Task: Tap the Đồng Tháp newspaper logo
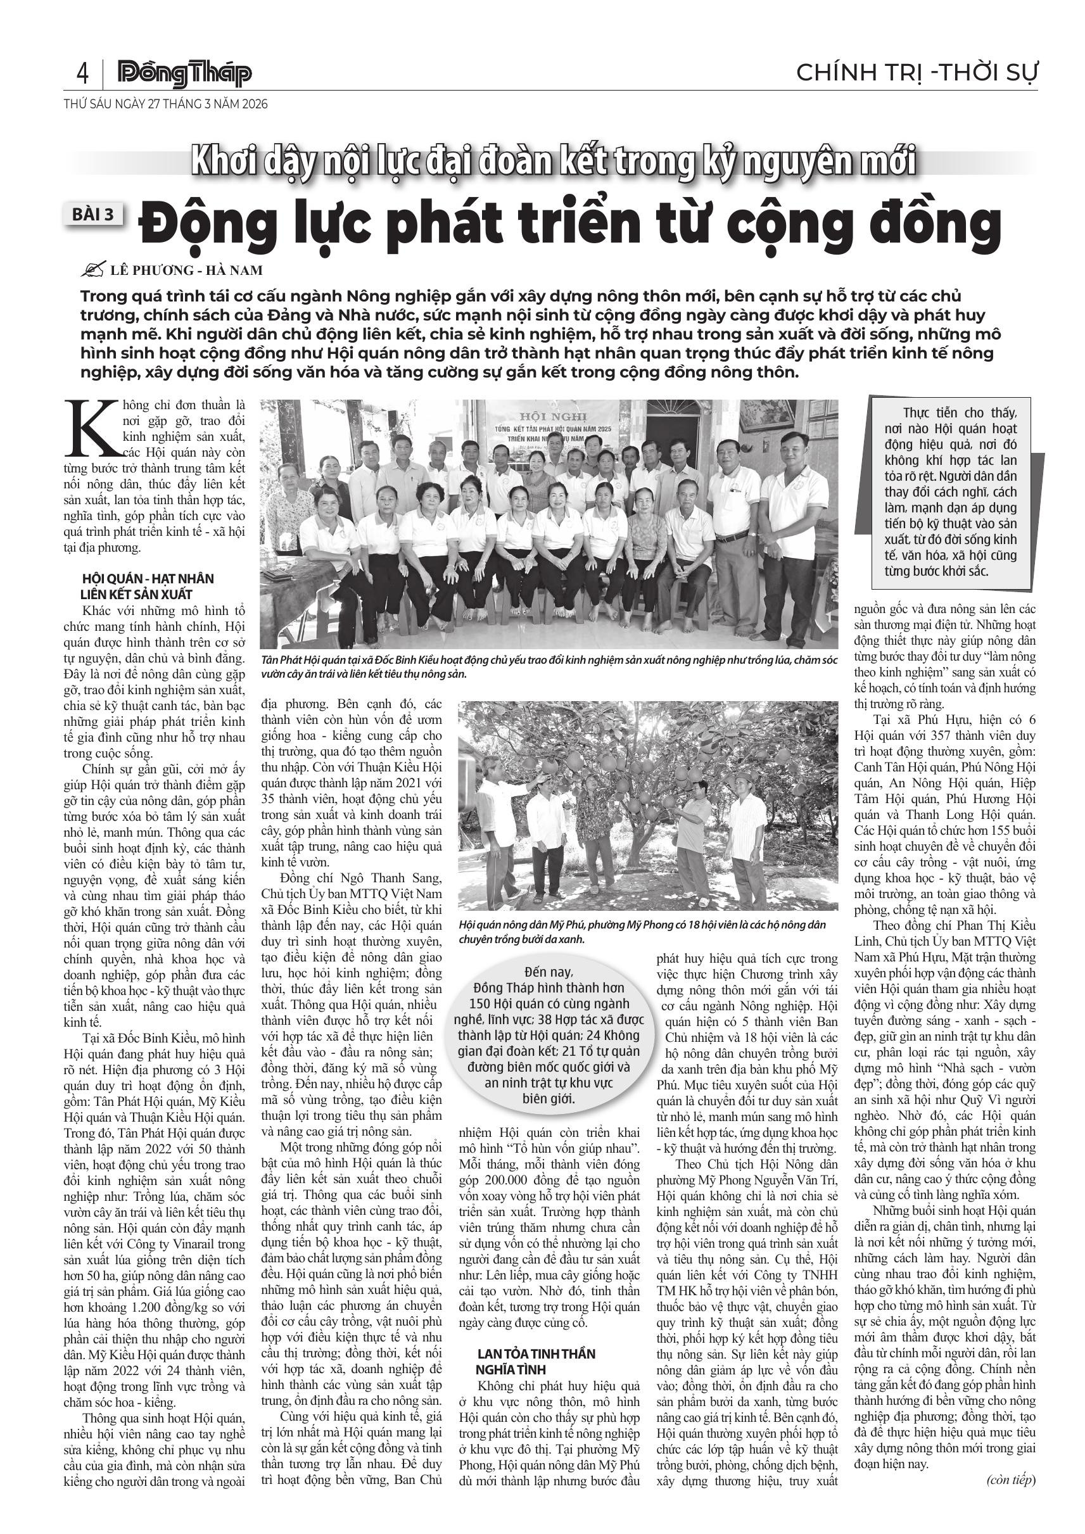click(x=184, y=74)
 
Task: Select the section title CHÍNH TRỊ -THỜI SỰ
click(x=917, y=72)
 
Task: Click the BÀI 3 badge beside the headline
click(x=95, y=215)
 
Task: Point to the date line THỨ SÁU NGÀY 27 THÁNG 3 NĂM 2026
click(x=166, y=105)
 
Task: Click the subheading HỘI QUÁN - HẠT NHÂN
click(x=148, y=579)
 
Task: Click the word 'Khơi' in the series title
click(x=220, y=163)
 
